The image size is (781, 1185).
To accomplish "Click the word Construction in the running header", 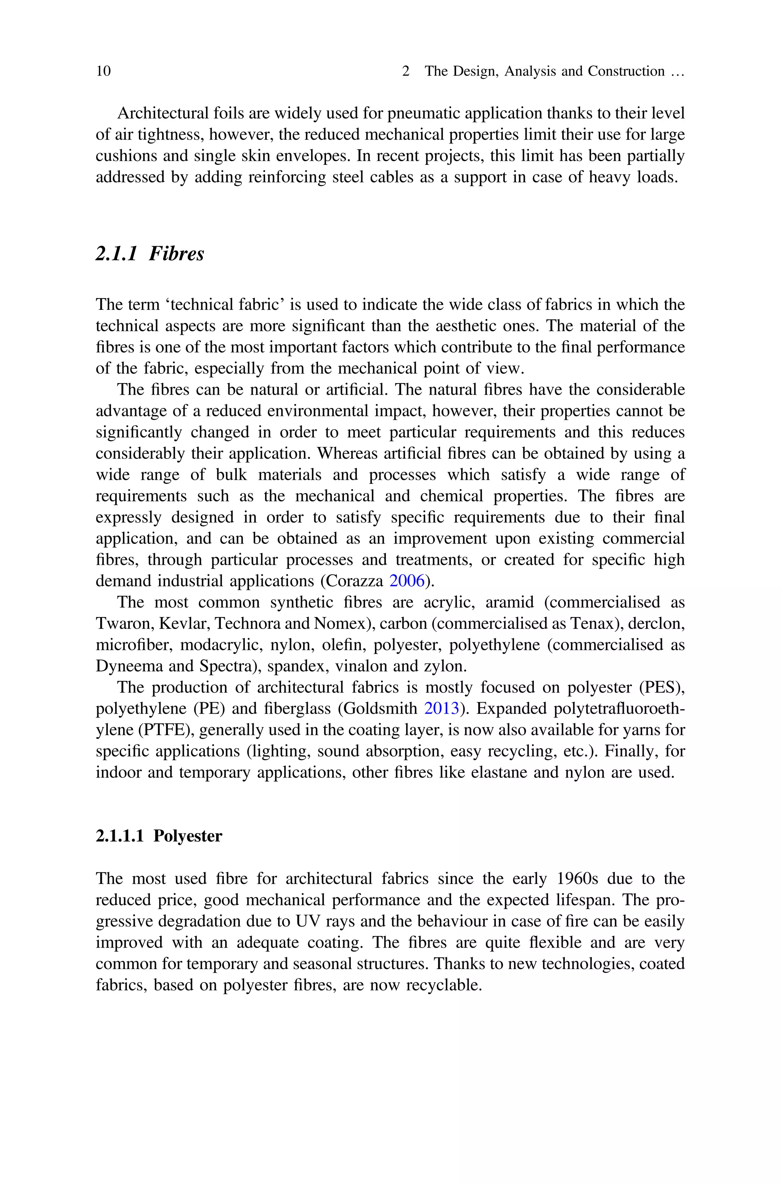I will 626,71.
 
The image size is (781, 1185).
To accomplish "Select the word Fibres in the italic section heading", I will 176,254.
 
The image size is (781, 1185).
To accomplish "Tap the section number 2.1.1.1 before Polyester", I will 119,836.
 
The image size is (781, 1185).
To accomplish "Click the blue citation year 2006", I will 407,581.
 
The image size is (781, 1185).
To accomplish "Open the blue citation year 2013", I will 441,709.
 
